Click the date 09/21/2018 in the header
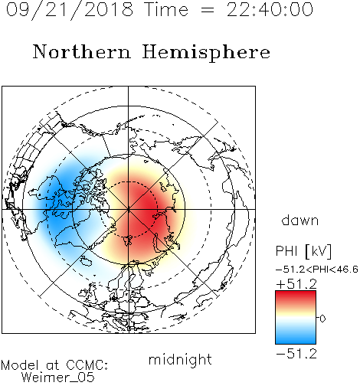pos(70,10)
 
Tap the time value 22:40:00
pos(270,9)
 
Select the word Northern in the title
pos(82,51)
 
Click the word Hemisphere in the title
pos(206,52)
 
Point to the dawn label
pos(300,220)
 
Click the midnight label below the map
pos(180,360)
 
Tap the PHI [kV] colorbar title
pos(303,251)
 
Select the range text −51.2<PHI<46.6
pos(317,270)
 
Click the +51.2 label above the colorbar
pos(296,284)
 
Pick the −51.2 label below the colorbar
pos(296,354)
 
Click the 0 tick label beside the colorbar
pos(322,319)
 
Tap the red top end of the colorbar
pos(296,293)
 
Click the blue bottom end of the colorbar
pos(296,341)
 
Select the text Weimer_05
pos(58,378)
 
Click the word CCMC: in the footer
pos(87,365)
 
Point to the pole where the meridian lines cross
pos(128,209)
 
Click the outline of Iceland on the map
pos(86,261)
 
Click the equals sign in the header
pos(207,11)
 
